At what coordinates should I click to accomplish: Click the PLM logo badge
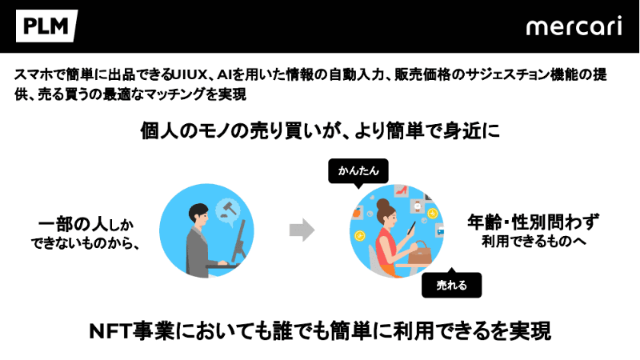pos(46,26)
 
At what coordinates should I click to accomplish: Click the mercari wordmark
pos(574,26)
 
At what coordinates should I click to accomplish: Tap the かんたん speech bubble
pos(358,171)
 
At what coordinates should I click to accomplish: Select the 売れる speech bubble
pos(451,284)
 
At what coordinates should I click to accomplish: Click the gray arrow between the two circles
pos(302,230)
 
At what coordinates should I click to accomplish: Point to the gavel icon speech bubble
pos(227,211)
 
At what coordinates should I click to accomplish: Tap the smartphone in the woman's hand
pos(411,228)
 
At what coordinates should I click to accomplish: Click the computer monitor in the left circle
pos(238,242)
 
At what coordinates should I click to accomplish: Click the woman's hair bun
pos(383,204)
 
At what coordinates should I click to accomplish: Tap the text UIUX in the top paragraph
pos(190,75)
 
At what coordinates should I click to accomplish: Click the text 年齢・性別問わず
pos(533,222)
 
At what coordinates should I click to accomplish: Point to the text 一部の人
pos(73,225)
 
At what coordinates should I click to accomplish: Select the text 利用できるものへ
pos(534,242)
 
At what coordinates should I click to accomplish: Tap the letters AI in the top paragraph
pos(224,75)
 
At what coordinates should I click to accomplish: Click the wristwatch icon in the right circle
pos(418,206)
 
